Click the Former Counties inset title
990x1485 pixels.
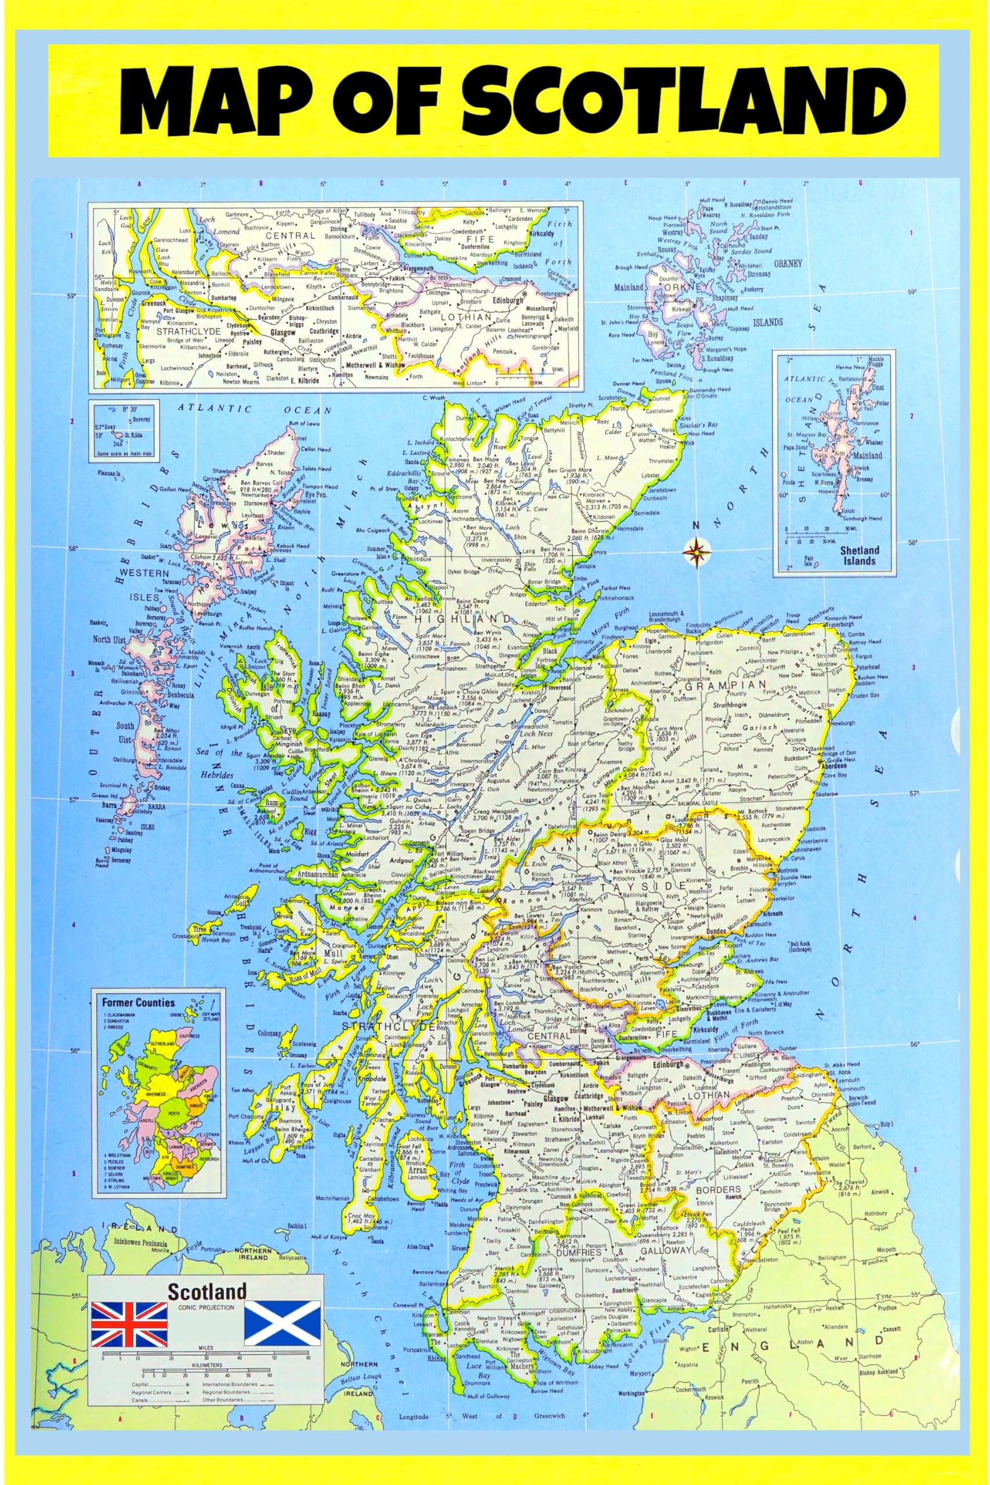(x=138, y=1002)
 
